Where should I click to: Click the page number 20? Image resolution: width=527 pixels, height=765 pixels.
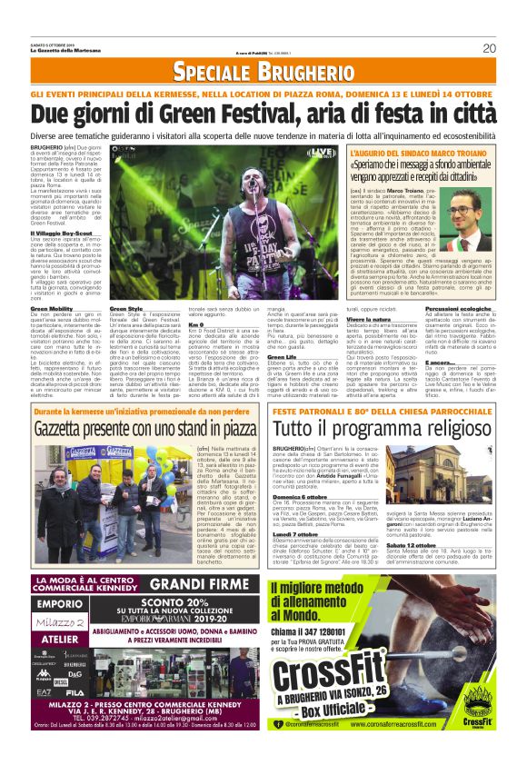[x=488, y=48]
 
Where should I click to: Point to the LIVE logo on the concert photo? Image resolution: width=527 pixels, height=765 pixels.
[x=321, y=152]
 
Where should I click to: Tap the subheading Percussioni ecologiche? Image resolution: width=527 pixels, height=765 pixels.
[x=458, y=309]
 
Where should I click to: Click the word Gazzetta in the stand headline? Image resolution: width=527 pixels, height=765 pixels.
[x=72, y=426]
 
